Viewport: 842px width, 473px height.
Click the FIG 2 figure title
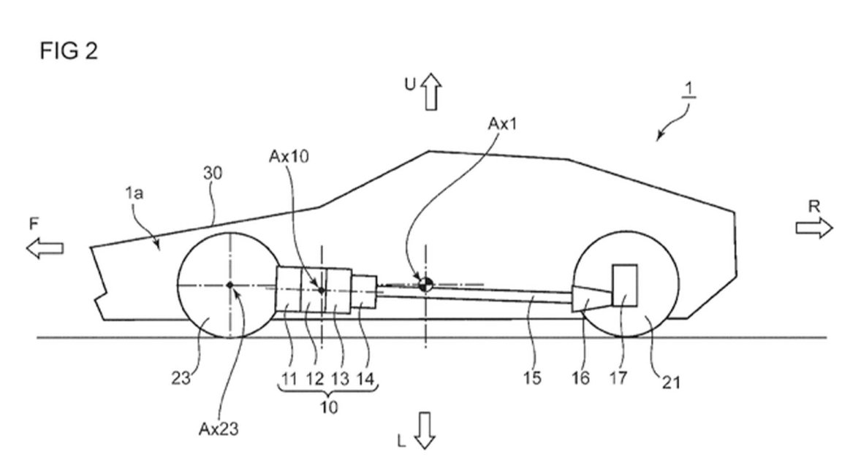point(69,51)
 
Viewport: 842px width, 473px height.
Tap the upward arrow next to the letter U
point(431,92)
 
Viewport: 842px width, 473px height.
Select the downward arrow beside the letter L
point(425,430)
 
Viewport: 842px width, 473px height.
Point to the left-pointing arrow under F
point(45,248)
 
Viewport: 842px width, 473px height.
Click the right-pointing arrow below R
point(814,228)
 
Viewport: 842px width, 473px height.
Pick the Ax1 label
point(503,124)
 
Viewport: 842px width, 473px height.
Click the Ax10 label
point(289,156)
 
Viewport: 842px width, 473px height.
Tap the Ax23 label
point(219,429)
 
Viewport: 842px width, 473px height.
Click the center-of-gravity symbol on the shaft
point(425,285)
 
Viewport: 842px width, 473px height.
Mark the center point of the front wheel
point(230,285)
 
